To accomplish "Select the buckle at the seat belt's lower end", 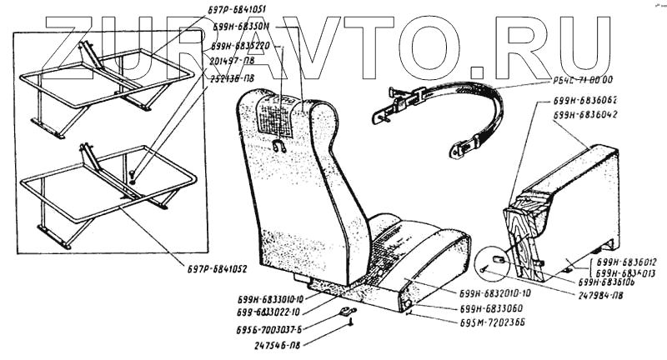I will (459, 150).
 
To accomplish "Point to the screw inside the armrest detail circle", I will (484, 269).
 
